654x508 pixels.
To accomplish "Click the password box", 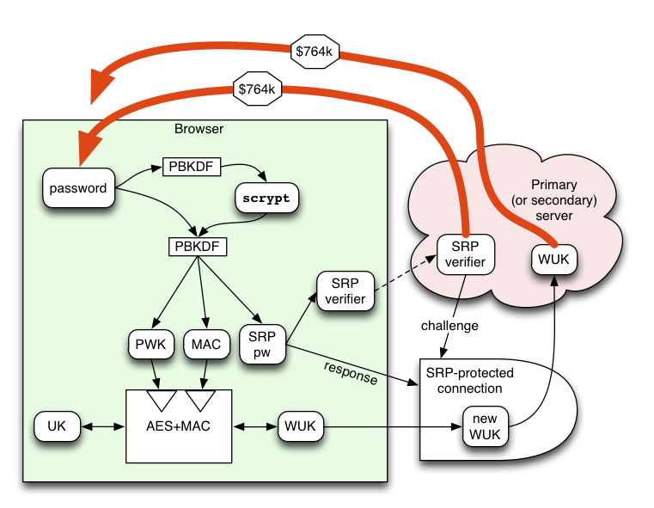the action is coord(78,187).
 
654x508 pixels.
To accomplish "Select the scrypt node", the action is coord(266,198).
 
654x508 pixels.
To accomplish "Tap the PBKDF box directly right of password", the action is coord(192,167).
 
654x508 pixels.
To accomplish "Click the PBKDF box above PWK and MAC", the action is coord(198,247).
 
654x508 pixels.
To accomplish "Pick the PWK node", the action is coord(151,345).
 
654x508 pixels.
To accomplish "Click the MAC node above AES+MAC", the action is coord(206,345).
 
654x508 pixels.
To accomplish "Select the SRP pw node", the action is coord(262,345).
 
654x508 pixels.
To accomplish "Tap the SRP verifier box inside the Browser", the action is coord(345,291).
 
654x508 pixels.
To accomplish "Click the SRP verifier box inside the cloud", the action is coord(466,254).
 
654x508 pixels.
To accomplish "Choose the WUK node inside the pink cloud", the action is coord(554,260).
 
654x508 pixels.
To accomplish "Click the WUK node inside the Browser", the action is coord(300,426).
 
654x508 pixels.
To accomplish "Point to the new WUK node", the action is coord(485,426).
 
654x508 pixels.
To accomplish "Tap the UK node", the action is coord(57,426).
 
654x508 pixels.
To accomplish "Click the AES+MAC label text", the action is coord(179,426).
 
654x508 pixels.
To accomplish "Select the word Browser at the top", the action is coord(199,129).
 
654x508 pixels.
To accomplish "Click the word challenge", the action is coord(449,326).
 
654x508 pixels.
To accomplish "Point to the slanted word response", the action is coord(351,373).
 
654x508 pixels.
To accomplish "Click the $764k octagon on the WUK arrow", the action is coord(315,52).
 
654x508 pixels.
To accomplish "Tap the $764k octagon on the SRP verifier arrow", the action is coord(257,89).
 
